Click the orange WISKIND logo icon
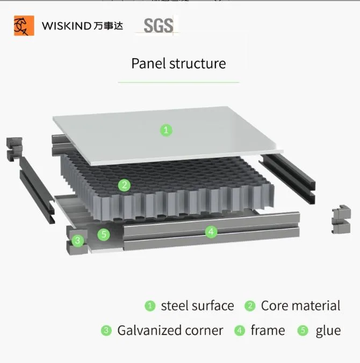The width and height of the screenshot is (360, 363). click(24, 25)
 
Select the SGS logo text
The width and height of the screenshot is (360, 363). click(159, 25)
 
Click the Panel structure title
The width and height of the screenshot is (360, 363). click(178, 63)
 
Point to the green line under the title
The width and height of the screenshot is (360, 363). click(178, 82)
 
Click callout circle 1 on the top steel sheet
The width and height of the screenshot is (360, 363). click(167, 130)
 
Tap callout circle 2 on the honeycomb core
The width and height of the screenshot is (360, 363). click(124, 186)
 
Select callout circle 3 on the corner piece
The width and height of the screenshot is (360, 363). click(78, 240)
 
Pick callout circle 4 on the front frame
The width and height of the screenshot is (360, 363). click(212, 232)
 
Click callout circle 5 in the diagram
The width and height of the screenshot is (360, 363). click(104, 234)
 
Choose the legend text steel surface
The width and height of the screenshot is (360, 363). click(197, 306)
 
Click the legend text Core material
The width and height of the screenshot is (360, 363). click(300, 306)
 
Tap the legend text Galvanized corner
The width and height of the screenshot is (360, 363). click(170, 330)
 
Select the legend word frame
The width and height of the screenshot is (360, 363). click(268, 330)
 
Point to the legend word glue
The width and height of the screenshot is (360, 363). click(328, 330)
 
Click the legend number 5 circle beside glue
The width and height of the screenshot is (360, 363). click(303, 330)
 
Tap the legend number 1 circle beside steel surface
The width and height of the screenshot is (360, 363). click(150, 306)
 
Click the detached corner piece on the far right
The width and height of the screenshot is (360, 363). click(341, 220)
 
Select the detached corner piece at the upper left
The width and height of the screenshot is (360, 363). click(13, 150)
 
